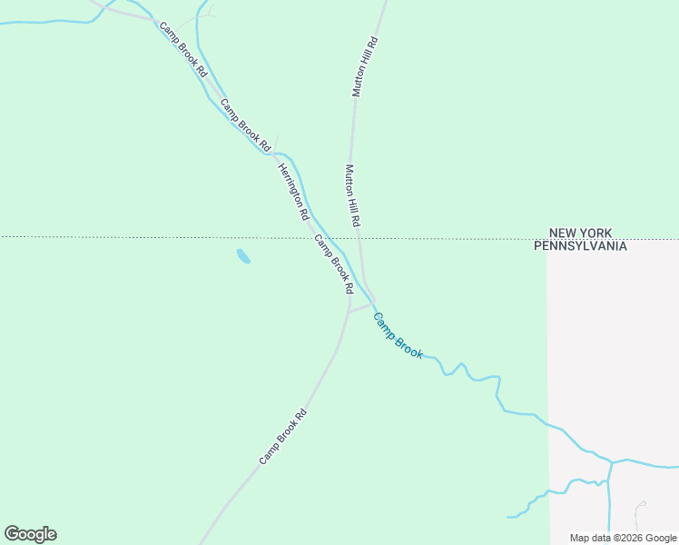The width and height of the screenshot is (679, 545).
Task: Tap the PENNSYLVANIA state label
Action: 579,245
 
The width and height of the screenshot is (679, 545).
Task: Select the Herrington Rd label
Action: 294,192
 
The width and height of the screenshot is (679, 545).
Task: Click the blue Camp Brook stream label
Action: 399,336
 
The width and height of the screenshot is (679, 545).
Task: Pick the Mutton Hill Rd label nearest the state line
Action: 353,195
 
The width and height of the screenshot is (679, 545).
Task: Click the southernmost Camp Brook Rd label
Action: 283,437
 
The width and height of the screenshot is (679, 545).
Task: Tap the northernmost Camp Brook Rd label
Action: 184,48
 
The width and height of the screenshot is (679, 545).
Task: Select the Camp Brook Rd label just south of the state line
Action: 333,263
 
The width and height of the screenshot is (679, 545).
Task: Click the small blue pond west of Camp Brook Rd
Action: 242,256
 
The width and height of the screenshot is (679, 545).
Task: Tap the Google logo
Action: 30,534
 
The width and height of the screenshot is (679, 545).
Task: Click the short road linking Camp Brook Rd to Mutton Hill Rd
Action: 360,307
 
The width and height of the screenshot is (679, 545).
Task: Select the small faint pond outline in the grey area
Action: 642,505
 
